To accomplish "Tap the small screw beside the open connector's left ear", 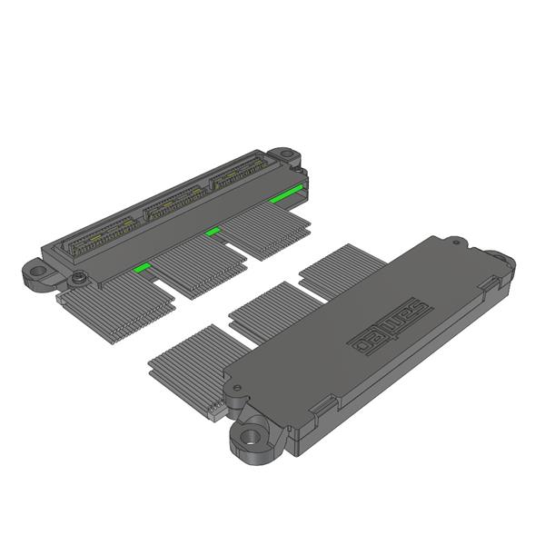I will pos(81,276).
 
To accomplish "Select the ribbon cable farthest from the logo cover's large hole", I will pos(342,267).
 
